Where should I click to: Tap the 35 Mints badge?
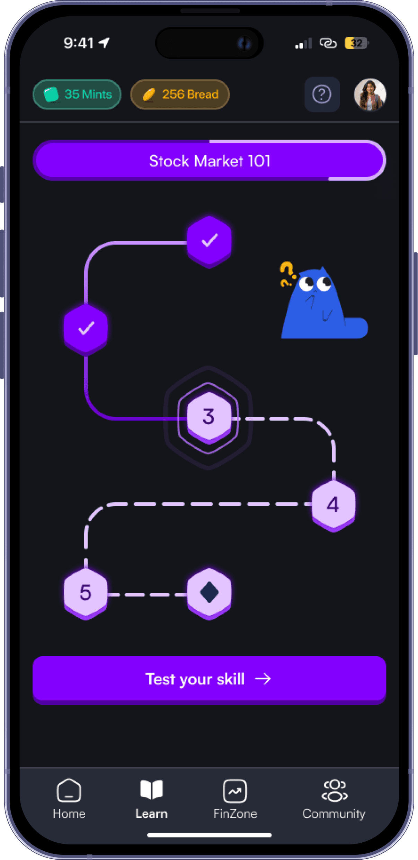point(77,94)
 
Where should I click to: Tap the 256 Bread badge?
point(180,94)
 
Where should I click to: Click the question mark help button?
point(322,94)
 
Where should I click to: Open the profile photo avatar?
point(370,95)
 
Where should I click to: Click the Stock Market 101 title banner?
point(209,161)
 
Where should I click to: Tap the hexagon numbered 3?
point(208,416)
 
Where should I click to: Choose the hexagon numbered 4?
point(333,504)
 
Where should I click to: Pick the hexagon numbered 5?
point(86,592)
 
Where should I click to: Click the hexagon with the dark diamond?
point(209,592)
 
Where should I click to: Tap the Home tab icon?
point(69,790)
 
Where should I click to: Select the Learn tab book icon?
point(151,790)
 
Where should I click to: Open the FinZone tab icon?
point(235,790)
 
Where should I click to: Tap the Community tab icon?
point(335,790)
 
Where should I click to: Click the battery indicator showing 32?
point(356,43)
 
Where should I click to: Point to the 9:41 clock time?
point(79,43)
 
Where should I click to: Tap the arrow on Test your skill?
point(263,679)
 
